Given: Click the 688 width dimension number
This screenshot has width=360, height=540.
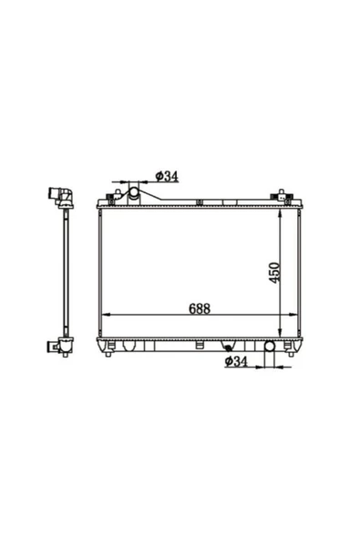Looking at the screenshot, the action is (200, 308).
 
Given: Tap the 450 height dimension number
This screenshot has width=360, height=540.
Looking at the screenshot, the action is (274, 273).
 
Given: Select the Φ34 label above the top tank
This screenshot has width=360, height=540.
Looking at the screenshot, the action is (167, 176).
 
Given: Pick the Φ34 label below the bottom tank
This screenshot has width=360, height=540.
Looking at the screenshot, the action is (236, 361).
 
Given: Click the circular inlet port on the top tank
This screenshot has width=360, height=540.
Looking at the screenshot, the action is (133, 192).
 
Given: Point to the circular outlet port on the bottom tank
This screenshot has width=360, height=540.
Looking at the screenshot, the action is (269, 346).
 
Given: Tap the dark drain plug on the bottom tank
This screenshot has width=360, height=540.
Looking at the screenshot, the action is (228, 348).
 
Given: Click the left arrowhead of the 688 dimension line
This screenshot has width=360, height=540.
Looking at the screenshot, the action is (107, 315).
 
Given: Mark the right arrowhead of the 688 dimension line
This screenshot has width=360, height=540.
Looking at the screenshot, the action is (293, 315).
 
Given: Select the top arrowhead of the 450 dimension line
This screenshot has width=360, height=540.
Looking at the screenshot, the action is (280, 213).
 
